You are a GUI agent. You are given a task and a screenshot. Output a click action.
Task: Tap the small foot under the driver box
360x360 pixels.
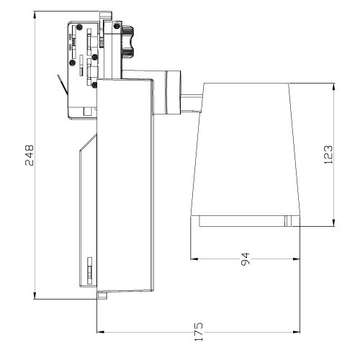pos(102,295)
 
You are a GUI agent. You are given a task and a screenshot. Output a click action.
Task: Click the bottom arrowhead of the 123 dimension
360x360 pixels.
pos(334,222)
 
